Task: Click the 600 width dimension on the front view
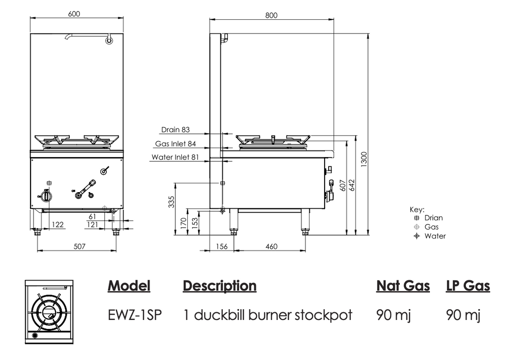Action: click(74, 14)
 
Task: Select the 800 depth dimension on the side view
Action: click(271, 15)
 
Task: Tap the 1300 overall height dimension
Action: click(364, 159)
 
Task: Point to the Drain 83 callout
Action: click(175, 130)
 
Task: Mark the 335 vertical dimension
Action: click(171, 202)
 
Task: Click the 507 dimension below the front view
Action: click(77, 246)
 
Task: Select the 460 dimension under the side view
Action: click(271, 246)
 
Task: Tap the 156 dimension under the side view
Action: click(222, 246)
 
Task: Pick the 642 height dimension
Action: click(352, 185)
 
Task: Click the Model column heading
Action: click(129, 286)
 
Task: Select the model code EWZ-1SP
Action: click(134, 315)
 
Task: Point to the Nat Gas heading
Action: click(403, 286)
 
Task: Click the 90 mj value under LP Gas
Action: click(463, 315)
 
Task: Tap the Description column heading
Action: click(219, 286)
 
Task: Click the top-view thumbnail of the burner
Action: click(49, 312)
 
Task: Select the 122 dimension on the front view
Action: click(58, 225)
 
